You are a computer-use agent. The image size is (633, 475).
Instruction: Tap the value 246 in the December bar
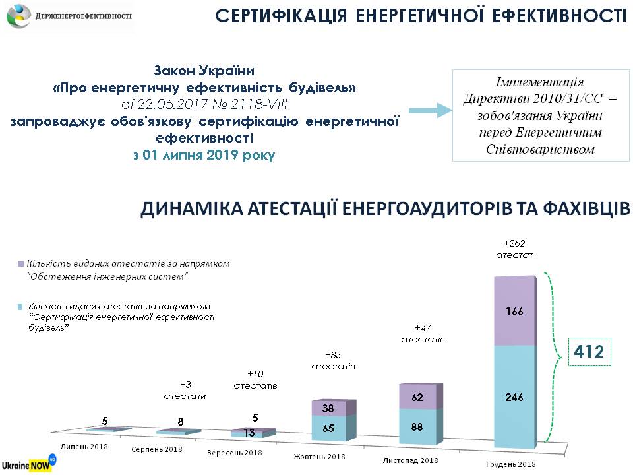click(516, 396)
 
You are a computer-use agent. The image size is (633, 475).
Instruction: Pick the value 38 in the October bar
click(328, 408)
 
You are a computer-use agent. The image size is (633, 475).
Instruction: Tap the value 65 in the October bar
click(328, 428)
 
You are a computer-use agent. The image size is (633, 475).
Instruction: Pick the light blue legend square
click(22, 307)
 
